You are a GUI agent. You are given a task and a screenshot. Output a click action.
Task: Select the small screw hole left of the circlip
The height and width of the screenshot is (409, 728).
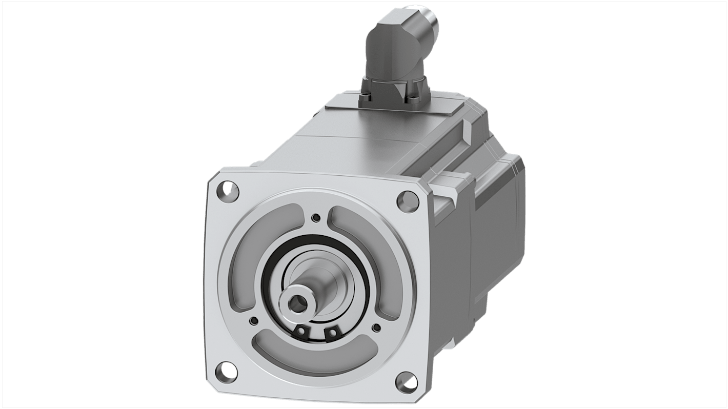tap(253, 321)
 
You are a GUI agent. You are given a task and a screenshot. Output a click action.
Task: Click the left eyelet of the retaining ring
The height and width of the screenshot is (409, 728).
tap(302, 333)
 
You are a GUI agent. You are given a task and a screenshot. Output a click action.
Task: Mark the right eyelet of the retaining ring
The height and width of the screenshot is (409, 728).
tap(332, 335)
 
